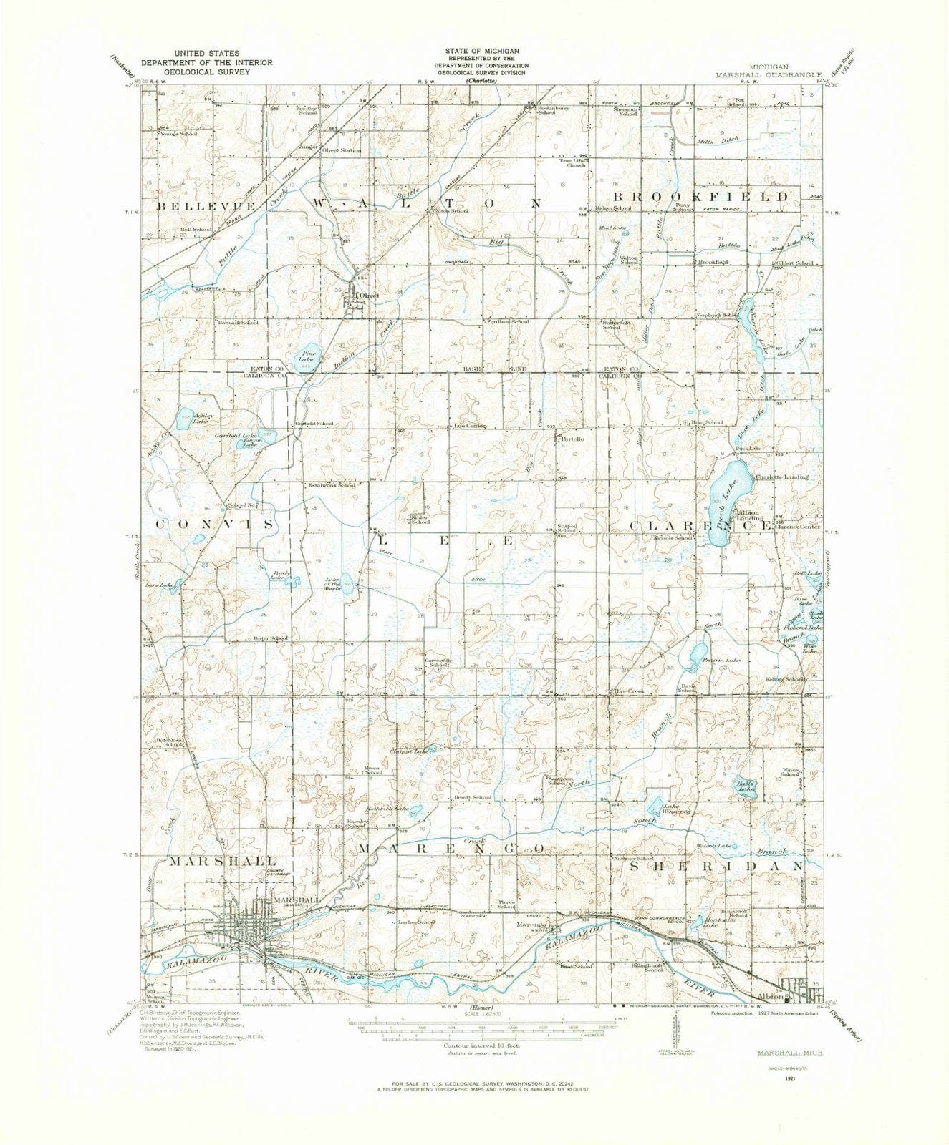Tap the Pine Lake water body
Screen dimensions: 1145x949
click(x=309, y=360)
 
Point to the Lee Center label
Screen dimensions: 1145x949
click(x=471, y=426)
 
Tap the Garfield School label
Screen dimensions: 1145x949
click(x=314, y=423)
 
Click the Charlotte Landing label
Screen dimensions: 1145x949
click(x=781, y=477)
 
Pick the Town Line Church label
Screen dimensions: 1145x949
click(x=573, y=163)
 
